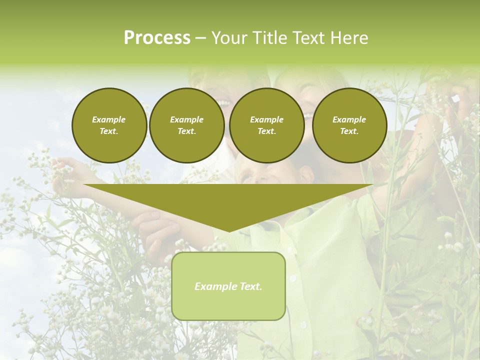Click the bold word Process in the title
(x=157, y=38)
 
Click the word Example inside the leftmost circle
(x=109, y=119)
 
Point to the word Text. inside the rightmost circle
(x=349, y=131)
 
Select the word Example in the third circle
(x=266, y=119)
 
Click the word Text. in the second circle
(x=187, y=131)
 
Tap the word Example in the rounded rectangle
(x=215, y=286)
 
